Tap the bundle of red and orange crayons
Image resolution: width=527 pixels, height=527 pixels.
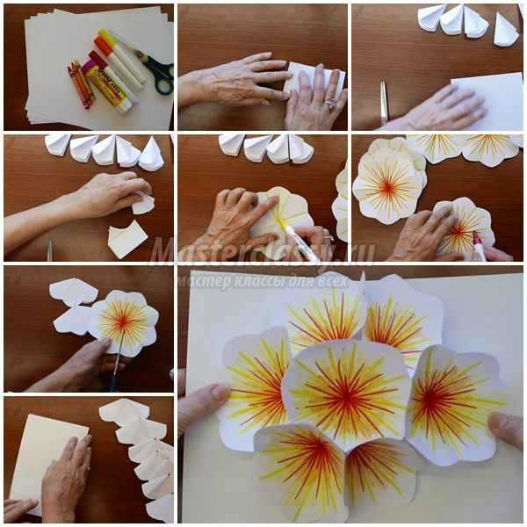coord(82,84)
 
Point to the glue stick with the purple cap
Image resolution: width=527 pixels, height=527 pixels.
coord(107,88)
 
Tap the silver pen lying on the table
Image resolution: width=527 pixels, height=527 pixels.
coord(384,101)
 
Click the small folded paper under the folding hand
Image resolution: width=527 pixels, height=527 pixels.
coord(126,239)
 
